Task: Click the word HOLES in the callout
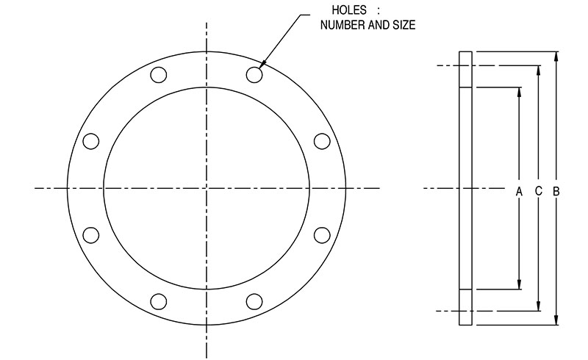(x=348, y=10)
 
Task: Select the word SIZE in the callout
(x=404, y=25)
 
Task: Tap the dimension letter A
(x=519, y=192)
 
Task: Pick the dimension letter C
(x=539, y=191)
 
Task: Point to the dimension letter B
(x=556, y=192)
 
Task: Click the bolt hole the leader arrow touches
(x=254, y=75)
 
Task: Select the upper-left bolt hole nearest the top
(x=159, y=75)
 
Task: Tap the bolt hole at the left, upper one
(x=91, y=141)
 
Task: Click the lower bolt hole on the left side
(x=91, y=235)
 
